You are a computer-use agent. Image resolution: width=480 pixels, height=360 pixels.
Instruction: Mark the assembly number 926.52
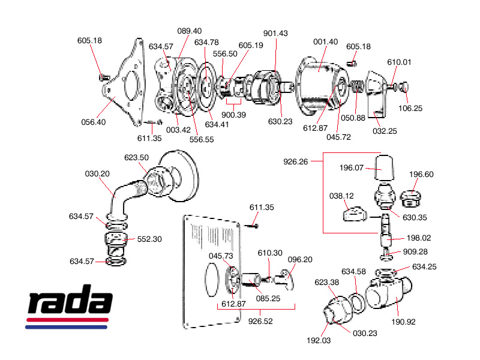click(x=260, y=321)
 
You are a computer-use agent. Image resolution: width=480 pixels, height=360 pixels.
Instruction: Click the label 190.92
click(x=403, y=321)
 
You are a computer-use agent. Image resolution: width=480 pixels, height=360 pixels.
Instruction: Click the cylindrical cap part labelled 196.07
click(x=385, y=169)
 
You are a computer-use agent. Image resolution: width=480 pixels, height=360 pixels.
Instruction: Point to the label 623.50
click(x=137, y=157)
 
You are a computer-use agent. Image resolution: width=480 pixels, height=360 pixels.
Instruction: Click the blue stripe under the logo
click(x=66, y=327)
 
